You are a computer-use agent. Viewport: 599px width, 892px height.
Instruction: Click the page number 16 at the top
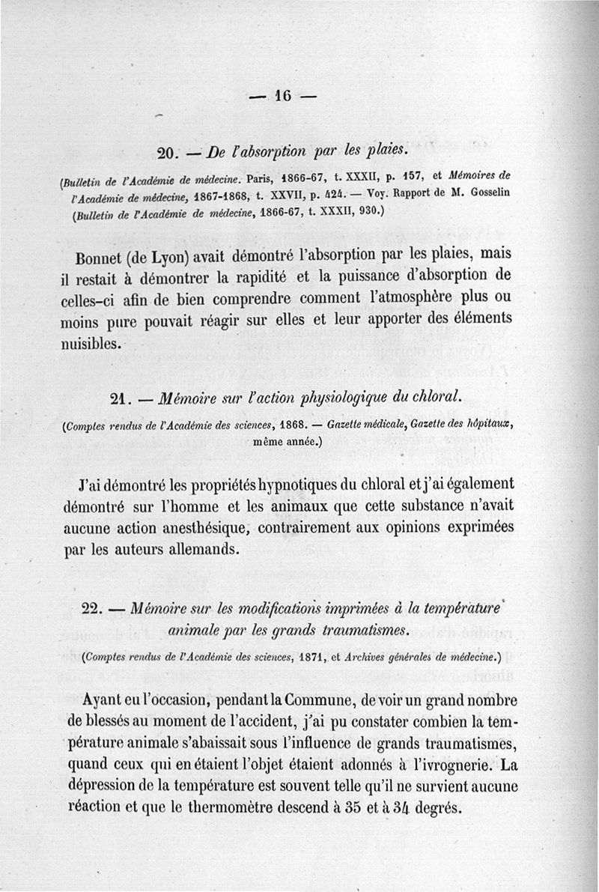(282, 95)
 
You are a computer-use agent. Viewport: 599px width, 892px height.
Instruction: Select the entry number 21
(120, 398)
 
